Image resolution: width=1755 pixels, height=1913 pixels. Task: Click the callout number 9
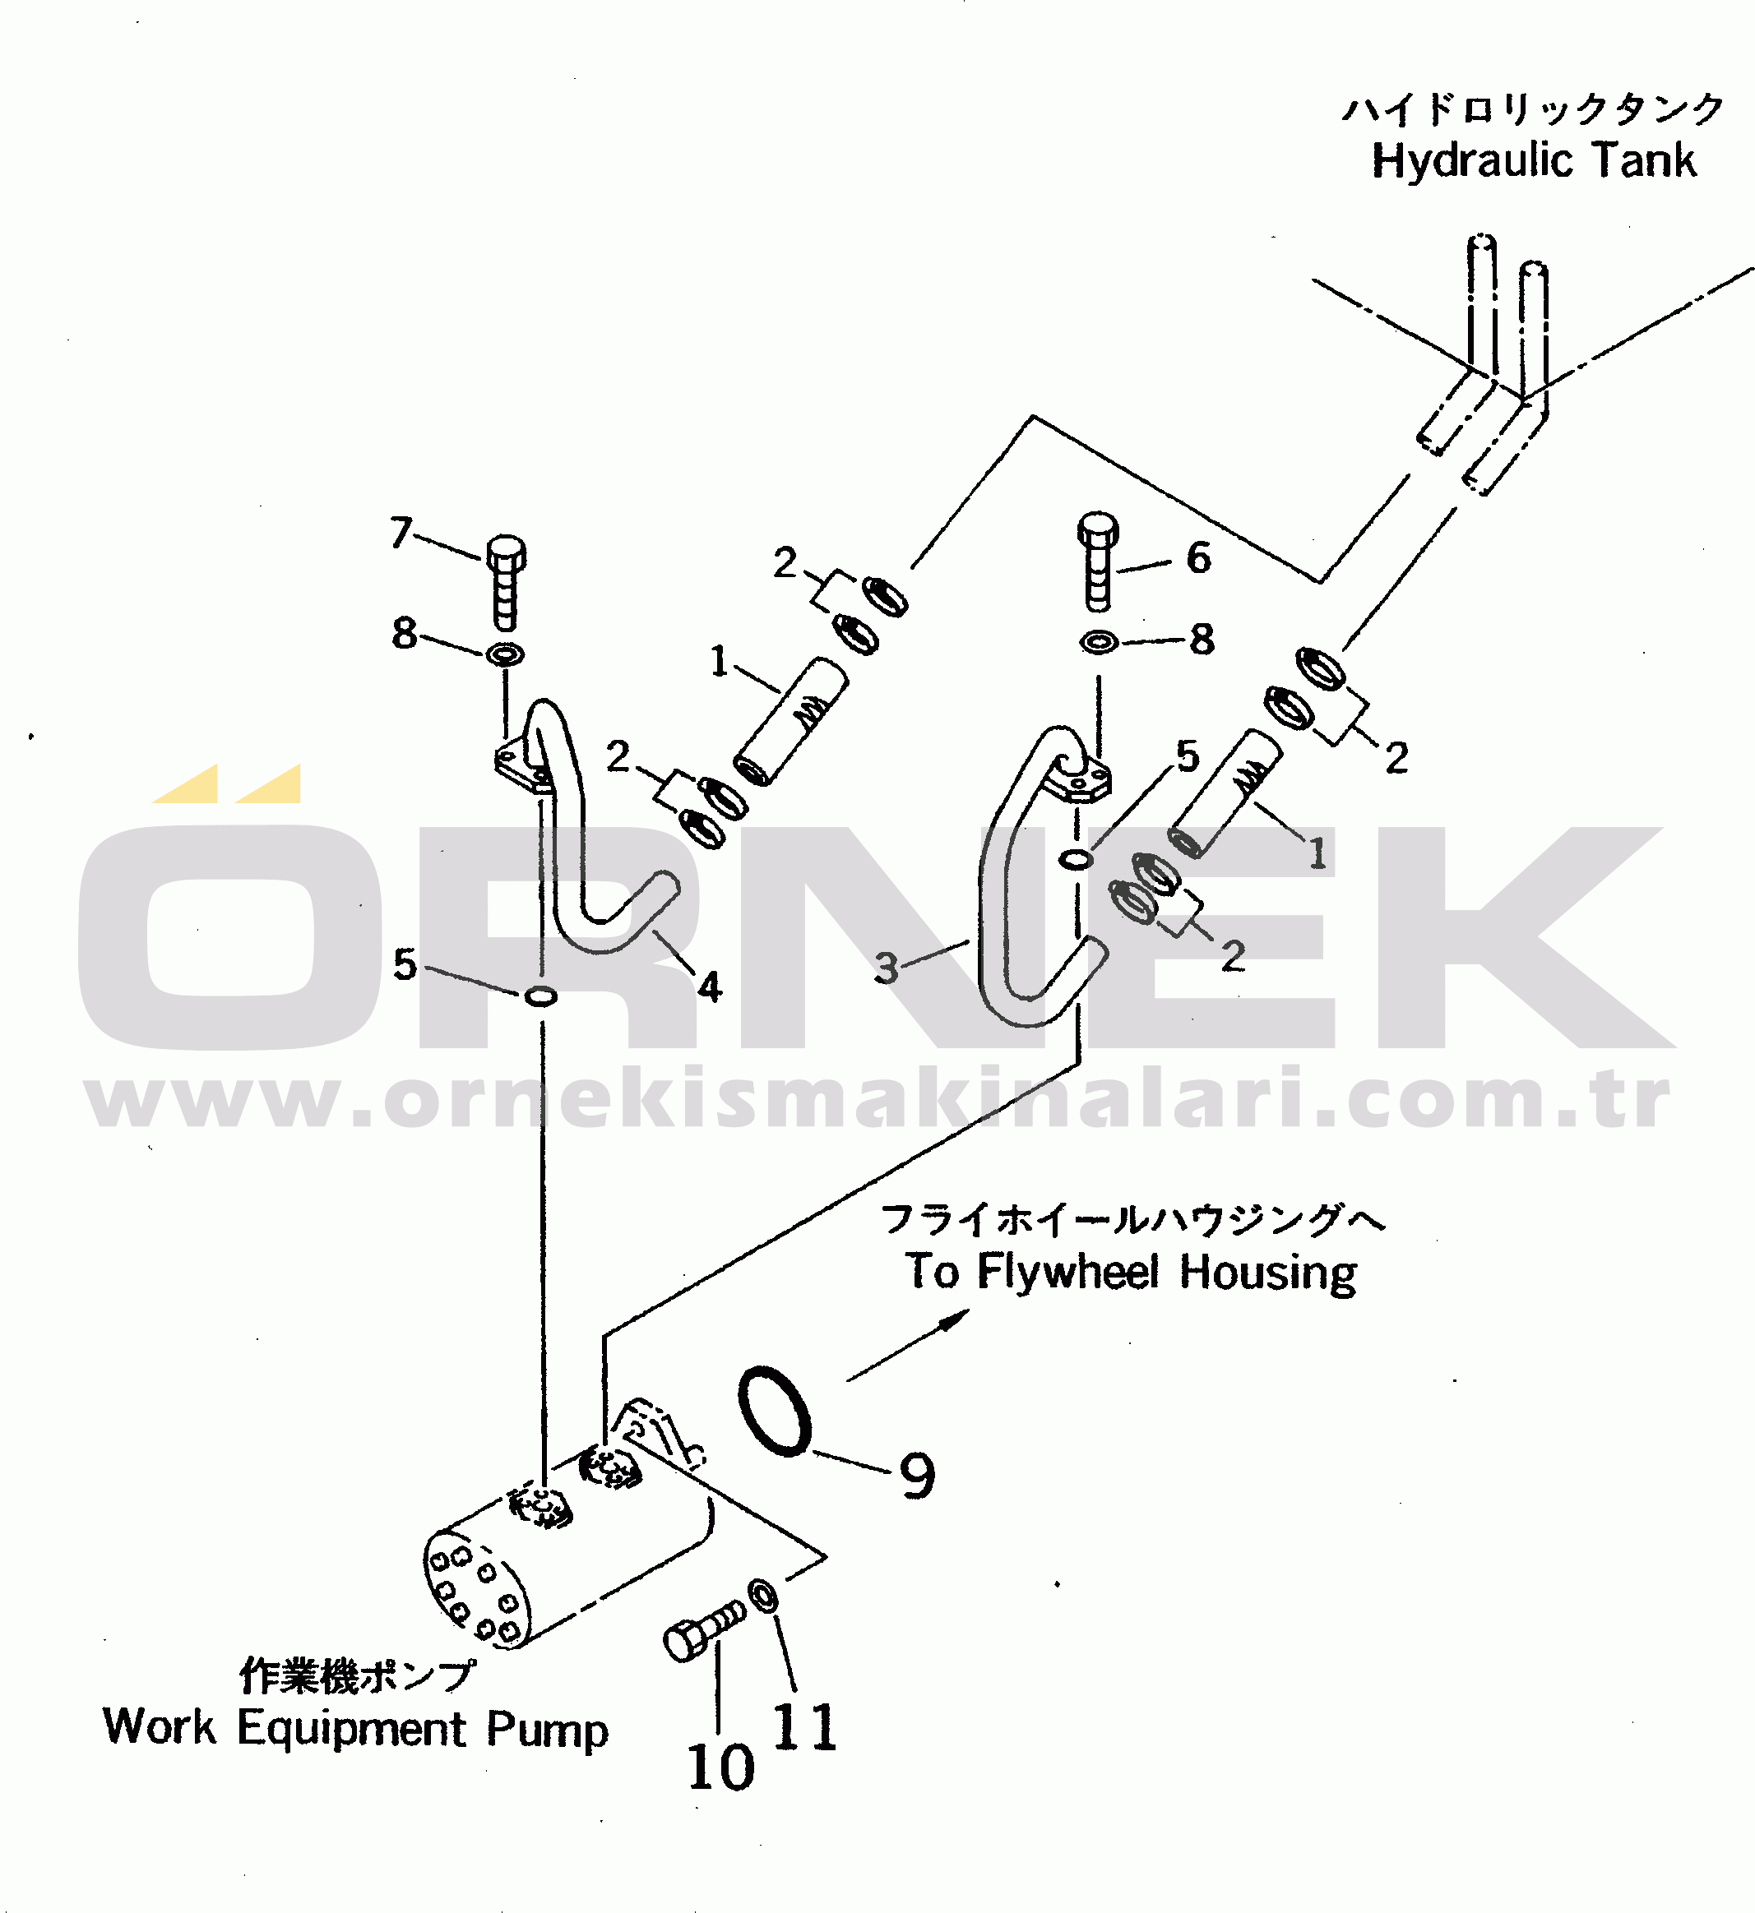(x=916, y=1476)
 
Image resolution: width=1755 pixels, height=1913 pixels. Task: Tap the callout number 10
(x=720, y=1767)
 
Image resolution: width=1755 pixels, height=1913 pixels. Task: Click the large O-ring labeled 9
(x=775, y=1411)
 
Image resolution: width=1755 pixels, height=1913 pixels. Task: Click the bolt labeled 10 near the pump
(x=704, y=1629)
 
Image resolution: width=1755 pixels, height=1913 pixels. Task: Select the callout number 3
(x=886, y=968)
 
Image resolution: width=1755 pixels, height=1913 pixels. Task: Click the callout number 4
(x=710, y=987)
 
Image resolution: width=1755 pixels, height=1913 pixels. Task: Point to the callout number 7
(x=401, y=533)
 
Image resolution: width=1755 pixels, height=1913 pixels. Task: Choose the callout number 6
(x=1198, y=558)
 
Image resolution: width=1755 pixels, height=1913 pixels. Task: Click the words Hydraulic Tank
(x=1533, y=159)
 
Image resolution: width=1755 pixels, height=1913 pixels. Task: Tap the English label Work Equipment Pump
(x=355, y=1728)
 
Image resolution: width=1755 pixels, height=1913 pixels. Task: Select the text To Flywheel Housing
(x=1130, y=1272)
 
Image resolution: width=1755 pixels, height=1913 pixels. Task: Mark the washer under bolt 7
(x=505, y=654)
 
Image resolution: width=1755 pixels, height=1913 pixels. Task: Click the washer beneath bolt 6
(x=1099, y=643)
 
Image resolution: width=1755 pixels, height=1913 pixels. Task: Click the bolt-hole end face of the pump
(x=473, y=1594)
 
